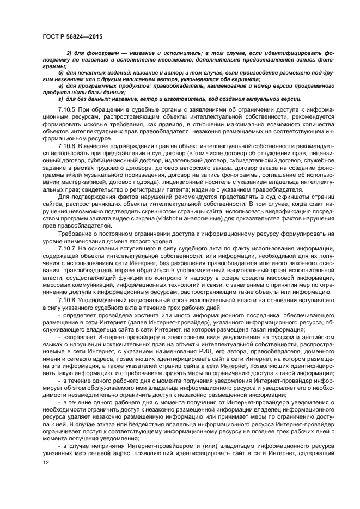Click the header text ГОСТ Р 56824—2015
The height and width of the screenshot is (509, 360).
72,37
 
